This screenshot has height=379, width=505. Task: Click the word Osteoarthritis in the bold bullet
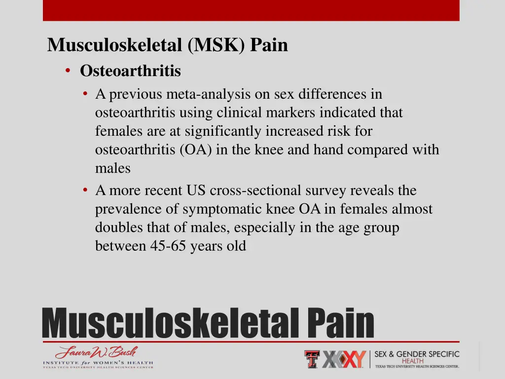click(x=130, y=72)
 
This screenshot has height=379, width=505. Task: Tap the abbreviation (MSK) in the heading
click(x=216, y=45)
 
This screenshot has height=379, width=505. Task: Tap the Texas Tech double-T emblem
click(x=312, y=359)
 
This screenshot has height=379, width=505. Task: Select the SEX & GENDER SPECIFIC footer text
click(x=417, y=354)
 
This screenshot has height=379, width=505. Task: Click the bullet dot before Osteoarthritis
click(x=68, y=71)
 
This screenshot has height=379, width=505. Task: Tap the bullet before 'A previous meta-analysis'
click(x=86, y=93)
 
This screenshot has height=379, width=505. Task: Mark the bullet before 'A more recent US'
click(x=86, y=190)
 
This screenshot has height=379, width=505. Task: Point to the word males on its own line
click(x=113, y=168)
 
